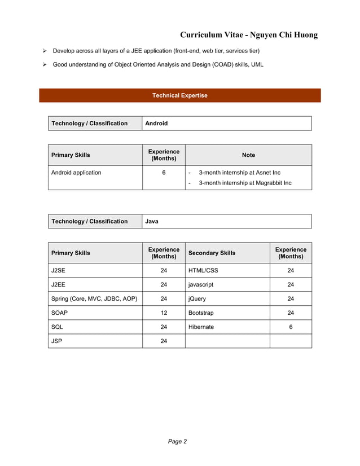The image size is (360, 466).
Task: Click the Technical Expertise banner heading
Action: pyautogui.click(x=179, y=95)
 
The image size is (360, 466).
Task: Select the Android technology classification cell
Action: pyautogui.click(x=156, y=124)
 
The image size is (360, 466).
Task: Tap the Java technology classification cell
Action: pyautogui.click(x=152, y=221)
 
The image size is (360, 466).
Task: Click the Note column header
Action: pyautogui.click(x=248, y=155)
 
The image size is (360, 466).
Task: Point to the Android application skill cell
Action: pyautogui.click(x=76, y=173)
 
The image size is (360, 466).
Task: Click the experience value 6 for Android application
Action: pyautogui.click(x=164, y=173)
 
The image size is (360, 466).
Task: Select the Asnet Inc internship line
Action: pyautogui.click(x=239, y=173)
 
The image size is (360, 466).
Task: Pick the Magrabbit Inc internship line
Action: pyautogui.click(x=245, y=183)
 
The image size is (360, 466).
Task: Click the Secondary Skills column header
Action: pyautogui.click(x=212, y=253)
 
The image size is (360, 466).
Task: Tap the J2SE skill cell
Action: pyautogui.click(x=58, y=270)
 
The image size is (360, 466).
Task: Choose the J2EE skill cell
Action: pyautogui.click(x=58, y=285)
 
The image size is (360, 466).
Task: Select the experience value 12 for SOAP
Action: pyautogui.click(x=164, y=313)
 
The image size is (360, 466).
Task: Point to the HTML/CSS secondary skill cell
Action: pyautogui.click(x=203, y=270)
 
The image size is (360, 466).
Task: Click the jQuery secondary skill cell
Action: pyautogui.click(x=197, y=299)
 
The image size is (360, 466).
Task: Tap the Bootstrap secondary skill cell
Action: pyautogui.click(x=201, y=313)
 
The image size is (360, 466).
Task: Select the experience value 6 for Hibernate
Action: pyautogui.click(x=291, y=327)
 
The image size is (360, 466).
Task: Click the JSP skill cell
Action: pyautogui.click(x=57, y=341)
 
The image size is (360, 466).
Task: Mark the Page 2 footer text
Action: pyautogui.click(x=177, y=442)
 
